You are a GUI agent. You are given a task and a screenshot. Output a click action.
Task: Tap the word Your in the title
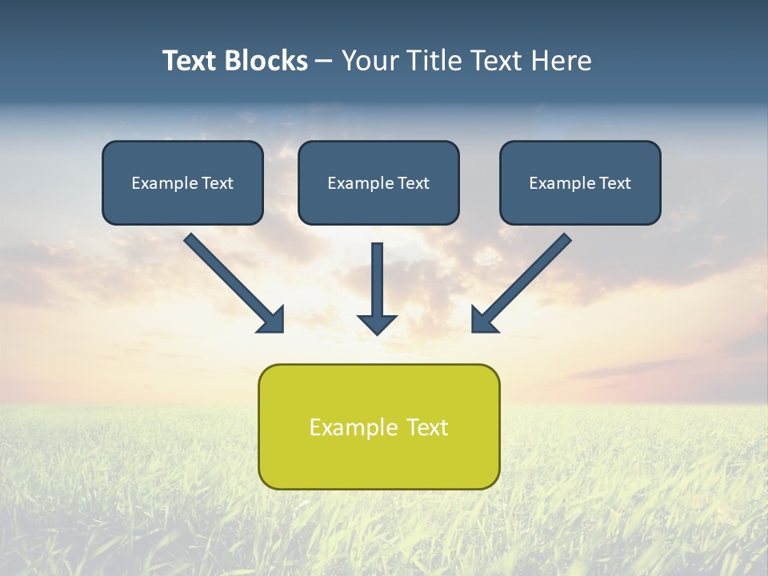point(371,61)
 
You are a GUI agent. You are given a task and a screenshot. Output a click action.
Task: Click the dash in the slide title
point(324,62)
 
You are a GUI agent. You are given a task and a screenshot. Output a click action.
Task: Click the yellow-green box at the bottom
point(378,460)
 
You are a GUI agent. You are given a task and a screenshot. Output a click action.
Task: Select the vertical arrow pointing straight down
point(377,280)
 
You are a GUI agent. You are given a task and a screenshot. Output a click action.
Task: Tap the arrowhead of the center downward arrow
point(377,324)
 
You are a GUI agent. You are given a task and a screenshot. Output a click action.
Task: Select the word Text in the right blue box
point(614,183)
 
